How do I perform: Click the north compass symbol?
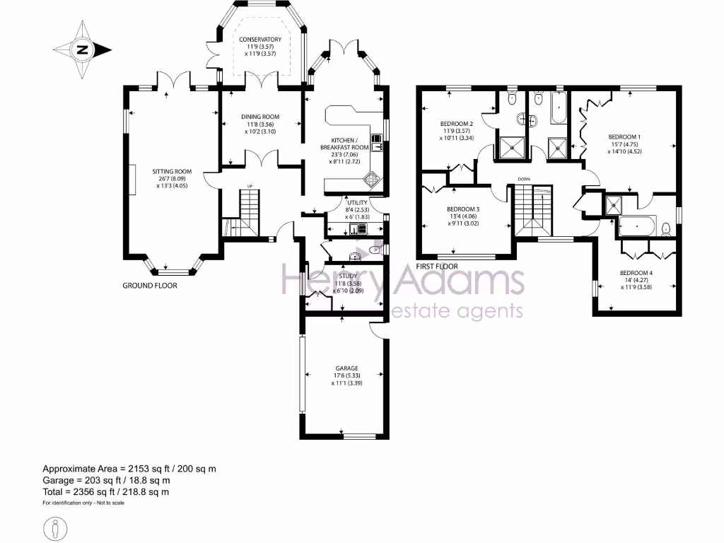coord(83,49)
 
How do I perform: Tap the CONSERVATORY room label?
coord(260,39)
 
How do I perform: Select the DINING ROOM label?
coord(260,117)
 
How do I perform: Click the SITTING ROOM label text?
coord(173,171)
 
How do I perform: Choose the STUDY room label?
coord(348,276)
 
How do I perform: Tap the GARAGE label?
coord(346,368)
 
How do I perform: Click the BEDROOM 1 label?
coord(624,136)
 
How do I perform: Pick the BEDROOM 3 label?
coord(463,209)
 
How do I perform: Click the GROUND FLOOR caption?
coord(150,286)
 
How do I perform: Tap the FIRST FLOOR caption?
coord(437,267)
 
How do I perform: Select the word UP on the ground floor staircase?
coord(249,187)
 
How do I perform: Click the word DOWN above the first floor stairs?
coord(524,179)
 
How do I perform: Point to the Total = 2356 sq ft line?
coord(106,491)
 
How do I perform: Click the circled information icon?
coord(56,528)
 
